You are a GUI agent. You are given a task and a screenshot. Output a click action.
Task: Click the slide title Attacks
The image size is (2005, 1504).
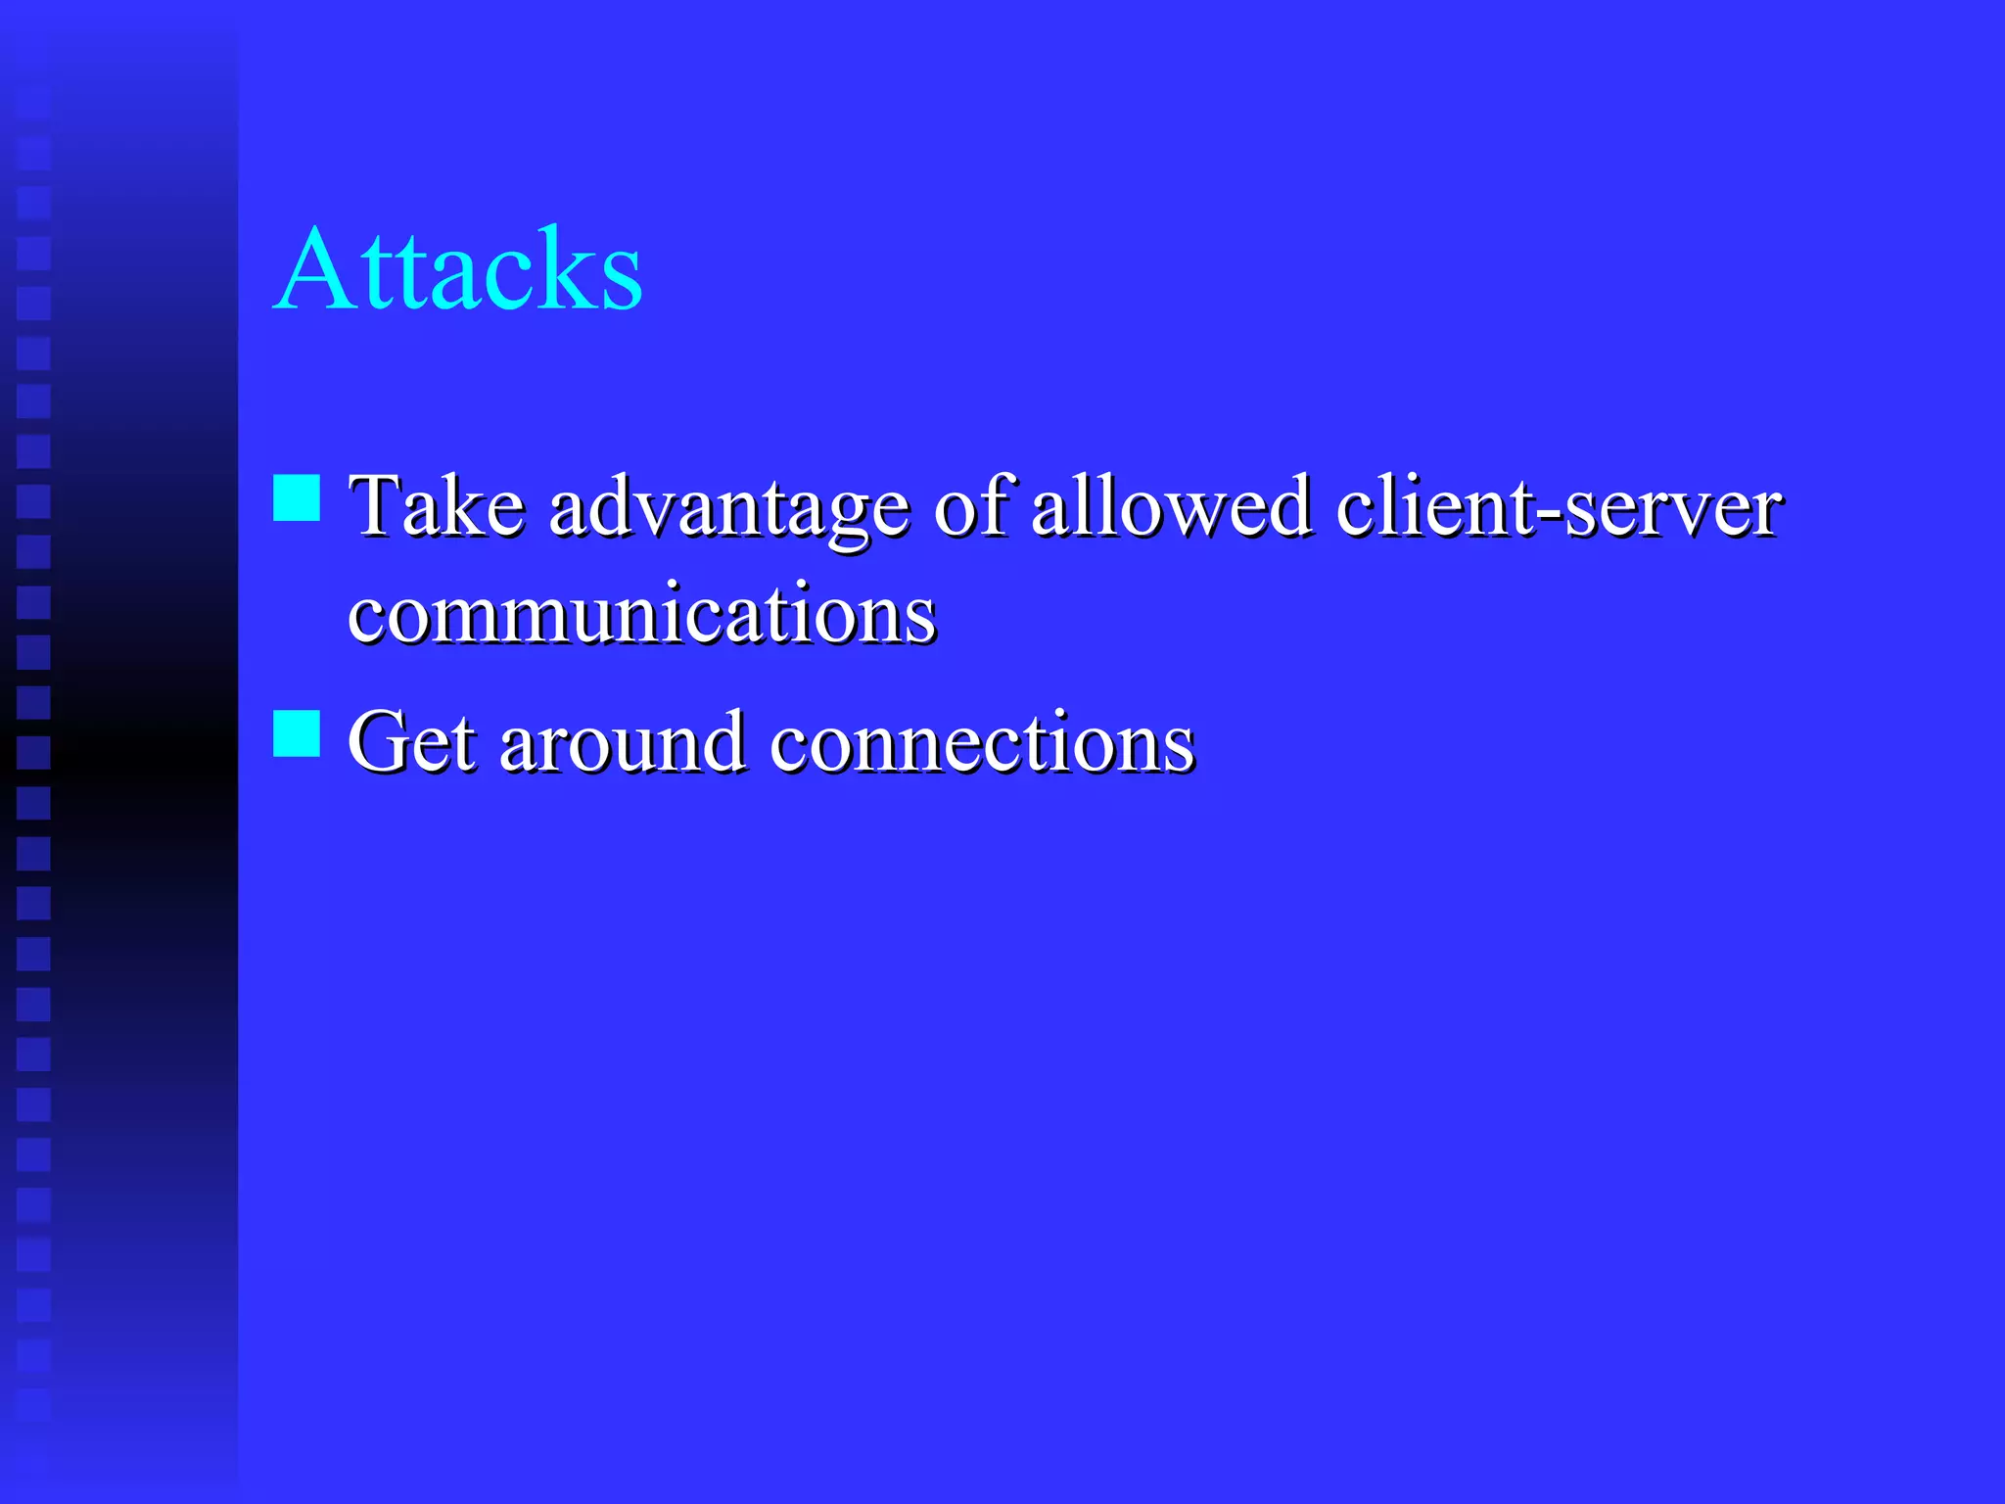point(458,268)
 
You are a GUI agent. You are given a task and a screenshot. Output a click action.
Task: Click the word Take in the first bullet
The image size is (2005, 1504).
point(437,506)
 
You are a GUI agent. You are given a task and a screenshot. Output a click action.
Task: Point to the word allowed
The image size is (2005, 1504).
point(1172,506)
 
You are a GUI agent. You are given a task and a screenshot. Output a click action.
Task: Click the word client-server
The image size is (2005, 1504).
point(1559,506)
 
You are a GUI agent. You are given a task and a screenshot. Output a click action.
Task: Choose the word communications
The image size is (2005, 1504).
point(642,614)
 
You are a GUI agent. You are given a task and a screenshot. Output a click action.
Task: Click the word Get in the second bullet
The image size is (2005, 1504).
point(411,741)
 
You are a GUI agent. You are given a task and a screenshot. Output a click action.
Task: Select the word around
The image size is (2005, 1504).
point(623,741)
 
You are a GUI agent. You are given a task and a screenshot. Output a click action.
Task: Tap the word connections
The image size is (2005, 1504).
point(982,741)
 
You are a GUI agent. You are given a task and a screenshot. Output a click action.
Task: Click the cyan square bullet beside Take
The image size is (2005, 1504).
point(297,497)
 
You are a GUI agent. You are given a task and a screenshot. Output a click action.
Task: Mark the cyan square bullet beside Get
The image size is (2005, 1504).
point(297,733)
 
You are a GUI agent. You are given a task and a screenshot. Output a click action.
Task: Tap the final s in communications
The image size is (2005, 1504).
point(921,619)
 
